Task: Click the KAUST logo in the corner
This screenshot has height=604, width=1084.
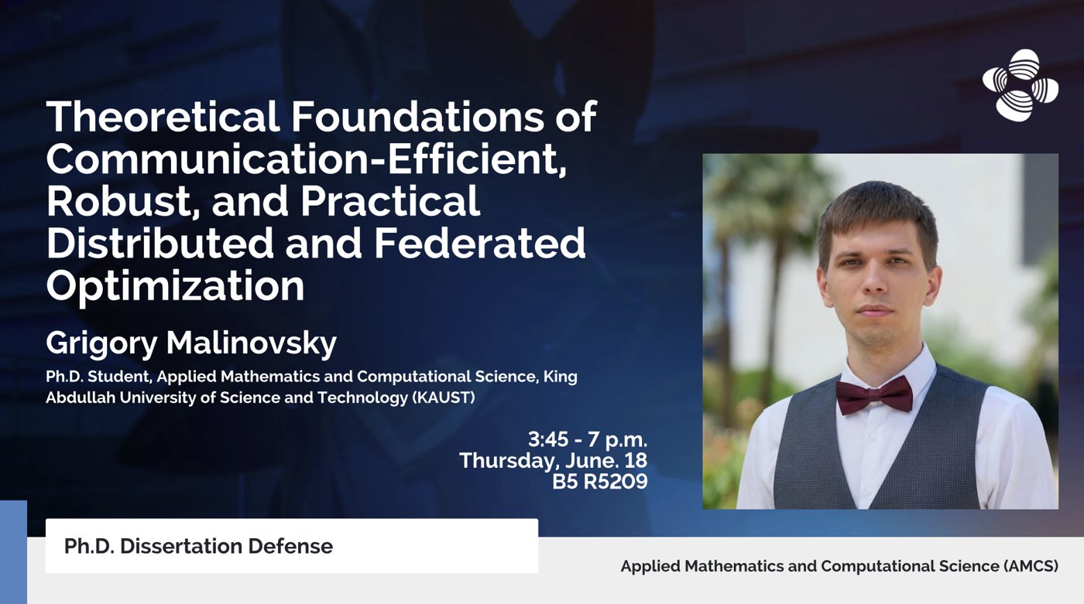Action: click(1021, 84)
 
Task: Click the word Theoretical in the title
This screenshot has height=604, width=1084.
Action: click(163, 117)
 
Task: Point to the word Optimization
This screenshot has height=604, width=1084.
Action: click(175, 286)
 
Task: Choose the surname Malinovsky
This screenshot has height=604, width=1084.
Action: click(251, 343)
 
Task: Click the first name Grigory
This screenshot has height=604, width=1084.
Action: click(101, 344)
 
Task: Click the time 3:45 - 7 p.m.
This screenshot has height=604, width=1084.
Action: click(588, 440)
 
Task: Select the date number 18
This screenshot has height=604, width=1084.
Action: click(636, 460)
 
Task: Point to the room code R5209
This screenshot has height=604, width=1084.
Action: click(616, 481)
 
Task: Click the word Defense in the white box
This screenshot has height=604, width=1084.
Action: click(290, 547)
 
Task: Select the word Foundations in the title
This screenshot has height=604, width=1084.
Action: click(417, 117)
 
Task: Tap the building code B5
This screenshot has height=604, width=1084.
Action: click(566, 481)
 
